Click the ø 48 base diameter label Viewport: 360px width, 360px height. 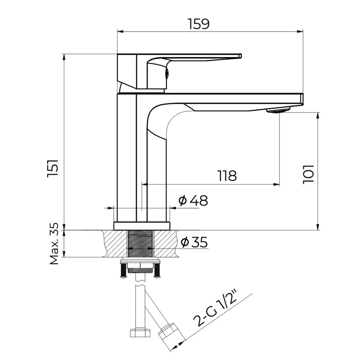[x=193, y=201]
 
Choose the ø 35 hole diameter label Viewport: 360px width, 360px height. [x=194, y=243]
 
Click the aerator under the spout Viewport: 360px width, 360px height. [x=279, y=109]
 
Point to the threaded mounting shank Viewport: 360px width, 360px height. [x=141, y=243]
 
